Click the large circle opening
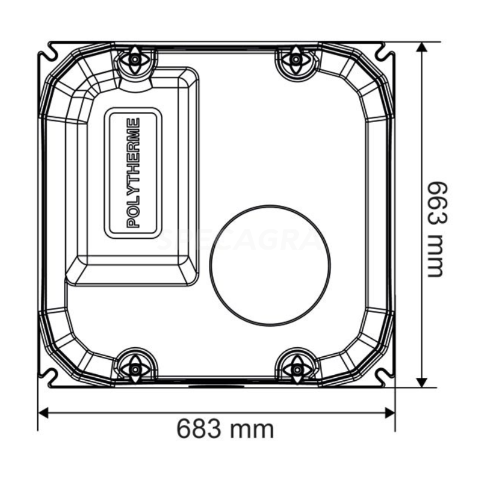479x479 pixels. coord(270,265)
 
